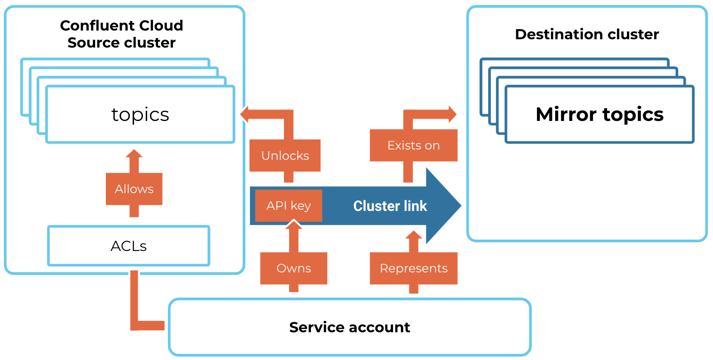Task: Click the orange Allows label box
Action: pyautogui.click(x=134, y=189)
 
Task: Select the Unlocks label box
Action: pyautogui.click(x=285, y=155)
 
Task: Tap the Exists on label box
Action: pyautogui.click(x=413, y=146)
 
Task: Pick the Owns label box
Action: pyautogui.click(x=293, y=268)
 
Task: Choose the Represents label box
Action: pyautogui.click(x=413, y=268)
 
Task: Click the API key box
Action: pyautogui.click(x=288, y=206)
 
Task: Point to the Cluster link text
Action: pyautogui.click(x=390, y=206)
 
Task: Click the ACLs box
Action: pyautogui.click(x=128, y=246)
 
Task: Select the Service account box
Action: pyautogui.click(x=349, y=327)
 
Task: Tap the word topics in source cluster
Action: pyautogui.click(x=140, y=115)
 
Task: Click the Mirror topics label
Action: pyautogui.click(x=599, y=115)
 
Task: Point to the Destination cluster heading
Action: pyautogui.click(x=586, y=34)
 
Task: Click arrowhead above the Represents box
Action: pyautogui.click(x=414, y=235)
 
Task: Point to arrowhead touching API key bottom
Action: pyautogui.click(x=293, y=225)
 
